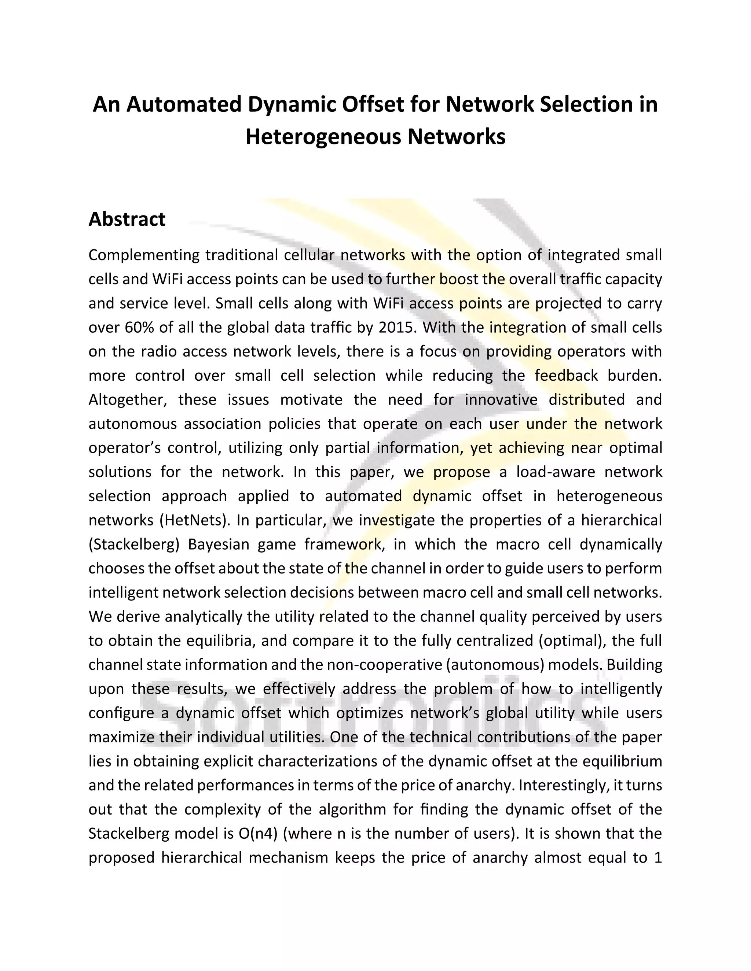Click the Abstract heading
coord(127,219)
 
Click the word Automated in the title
coord(183,105)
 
